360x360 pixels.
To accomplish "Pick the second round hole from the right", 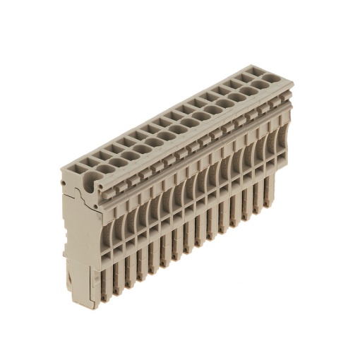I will click(x=248, y=90).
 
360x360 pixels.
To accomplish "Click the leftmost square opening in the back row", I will click(x=80, y=162).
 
